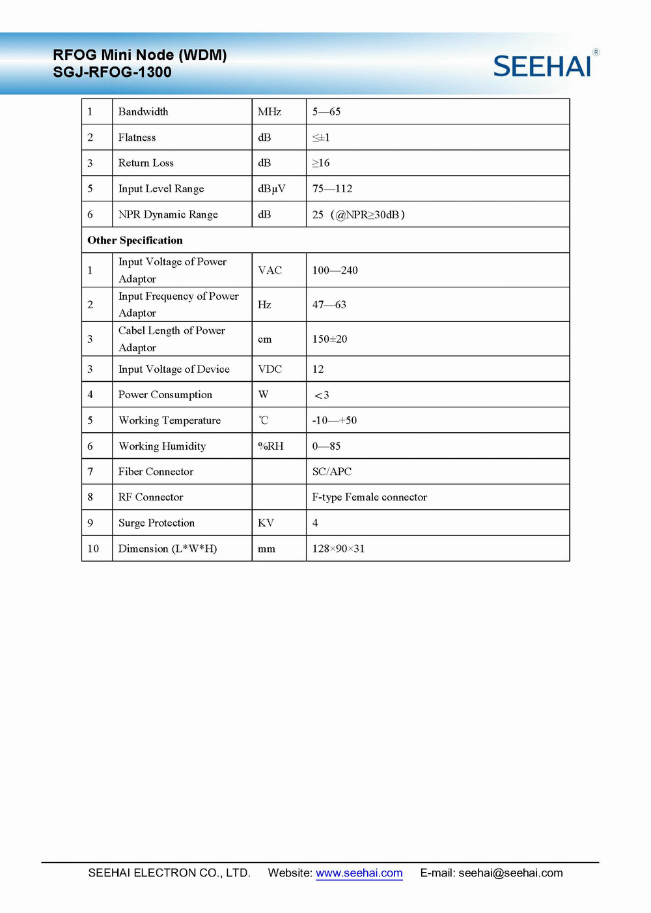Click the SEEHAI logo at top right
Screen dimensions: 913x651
[x=543, y=66]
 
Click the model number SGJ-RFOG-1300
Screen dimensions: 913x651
[x=112, y=72]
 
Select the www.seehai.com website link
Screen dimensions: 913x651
[x=359, y=873]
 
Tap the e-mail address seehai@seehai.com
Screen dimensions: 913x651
[x=510, y=873]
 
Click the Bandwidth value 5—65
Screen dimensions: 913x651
[x=326, y=112]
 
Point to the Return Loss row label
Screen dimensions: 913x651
[x=146, y=163]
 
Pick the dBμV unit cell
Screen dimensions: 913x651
[x=271, y=189]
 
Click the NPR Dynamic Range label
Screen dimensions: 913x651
[x=168, y=214]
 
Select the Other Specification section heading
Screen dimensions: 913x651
[x=135, y=240]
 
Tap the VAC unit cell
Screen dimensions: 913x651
[x=270, y=270]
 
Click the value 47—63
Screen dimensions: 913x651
[x=329, y=305]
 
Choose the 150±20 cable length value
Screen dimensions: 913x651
[x=329, y=340]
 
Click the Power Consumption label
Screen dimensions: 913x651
[x=165, y=395]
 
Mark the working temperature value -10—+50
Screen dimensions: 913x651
[x=334, y=420]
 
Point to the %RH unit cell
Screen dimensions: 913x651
[x=270, y=446]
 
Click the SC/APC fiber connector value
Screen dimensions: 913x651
[x=331, y=472]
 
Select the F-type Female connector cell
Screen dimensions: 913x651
[x=369, y=497]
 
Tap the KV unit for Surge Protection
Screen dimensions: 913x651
[x=266, y=523]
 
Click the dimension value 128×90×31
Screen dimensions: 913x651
[x=338, y=549]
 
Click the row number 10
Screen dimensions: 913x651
[x=93, y=549]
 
